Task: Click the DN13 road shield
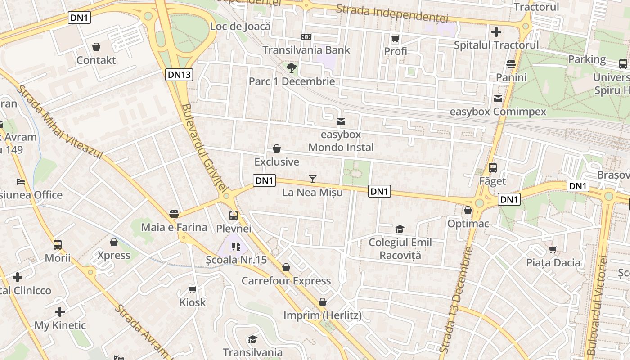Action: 179,75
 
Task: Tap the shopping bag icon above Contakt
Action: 96,46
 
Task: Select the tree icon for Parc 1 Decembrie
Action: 292,68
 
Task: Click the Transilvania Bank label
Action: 306,49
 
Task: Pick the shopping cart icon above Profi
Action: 396,38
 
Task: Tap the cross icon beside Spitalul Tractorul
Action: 496,32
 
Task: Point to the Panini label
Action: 511,77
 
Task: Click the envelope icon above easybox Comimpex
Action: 498,98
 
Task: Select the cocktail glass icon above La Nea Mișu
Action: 313,179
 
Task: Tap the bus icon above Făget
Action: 493,168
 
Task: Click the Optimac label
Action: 468,224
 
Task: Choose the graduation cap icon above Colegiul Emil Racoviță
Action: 400,229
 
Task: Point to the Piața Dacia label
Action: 553,262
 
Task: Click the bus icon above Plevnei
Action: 233,215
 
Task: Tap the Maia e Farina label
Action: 174,227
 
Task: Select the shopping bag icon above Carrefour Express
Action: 286,268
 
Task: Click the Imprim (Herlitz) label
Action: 322,315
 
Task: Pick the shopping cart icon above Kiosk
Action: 193,289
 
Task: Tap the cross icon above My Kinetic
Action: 60,312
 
